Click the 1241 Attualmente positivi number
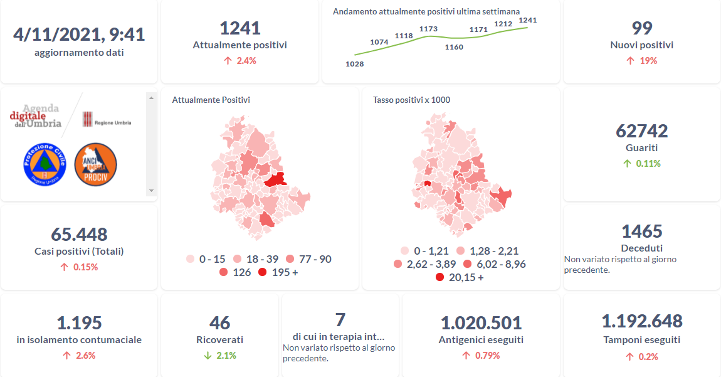point(239,28)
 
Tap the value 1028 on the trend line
point(354,64)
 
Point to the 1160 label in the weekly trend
point(454,47)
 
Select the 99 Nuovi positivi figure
point(642,28)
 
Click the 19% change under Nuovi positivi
point(642,61)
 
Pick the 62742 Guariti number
point(642,131)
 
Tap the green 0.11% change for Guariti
point(642,164)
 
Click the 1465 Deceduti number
point(642,231)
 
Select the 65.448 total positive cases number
point(79,235)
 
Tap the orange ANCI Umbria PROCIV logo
point(95,164)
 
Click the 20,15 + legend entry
point(461,277)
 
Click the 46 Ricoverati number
point(219,323)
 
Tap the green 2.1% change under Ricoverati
point(219,356)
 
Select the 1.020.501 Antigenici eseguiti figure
point(481,323)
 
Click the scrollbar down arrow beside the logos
point(150,190)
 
